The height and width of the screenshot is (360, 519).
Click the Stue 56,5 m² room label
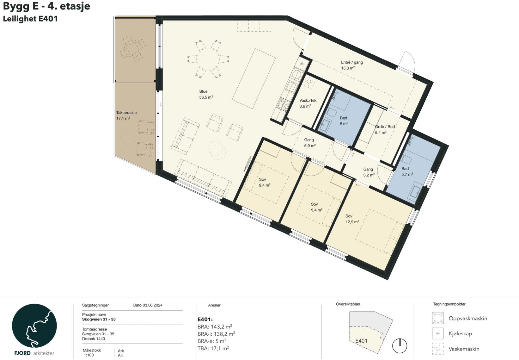click(x=206, y=94)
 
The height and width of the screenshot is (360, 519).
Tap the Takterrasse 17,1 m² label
click(x=126, y=115)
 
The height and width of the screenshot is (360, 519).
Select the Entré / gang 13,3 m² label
click(x=352, y=65)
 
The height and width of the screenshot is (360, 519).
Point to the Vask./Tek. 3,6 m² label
click(x=308, y=103)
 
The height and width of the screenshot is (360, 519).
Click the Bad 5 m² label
click(x=344, y=121)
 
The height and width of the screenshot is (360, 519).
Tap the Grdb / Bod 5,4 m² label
click(x=385, y=130)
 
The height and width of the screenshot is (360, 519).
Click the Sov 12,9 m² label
click(x=352, y=219)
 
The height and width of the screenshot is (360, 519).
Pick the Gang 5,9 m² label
click(x=310, y=143)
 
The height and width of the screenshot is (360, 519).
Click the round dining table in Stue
click(x=208, y=59)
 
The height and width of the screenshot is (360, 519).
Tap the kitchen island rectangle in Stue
click(x=254, y=79)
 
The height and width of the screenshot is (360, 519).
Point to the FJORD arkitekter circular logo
click(x=34, y=326)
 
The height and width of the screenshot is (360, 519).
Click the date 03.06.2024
click(x=152, y=305)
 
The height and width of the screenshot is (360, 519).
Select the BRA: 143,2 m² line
click(x=215, y=326)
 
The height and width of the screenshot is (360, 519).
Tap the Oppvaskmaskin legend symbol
click(x=438, y=318)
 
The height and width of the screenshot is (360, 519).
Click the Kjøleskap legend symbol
click(x=438, y=333)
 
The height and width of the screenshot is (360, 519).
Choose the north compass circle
click(x=400, y=346)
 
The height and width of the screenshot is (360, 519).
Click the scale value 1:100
click(x=89, y=355)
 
